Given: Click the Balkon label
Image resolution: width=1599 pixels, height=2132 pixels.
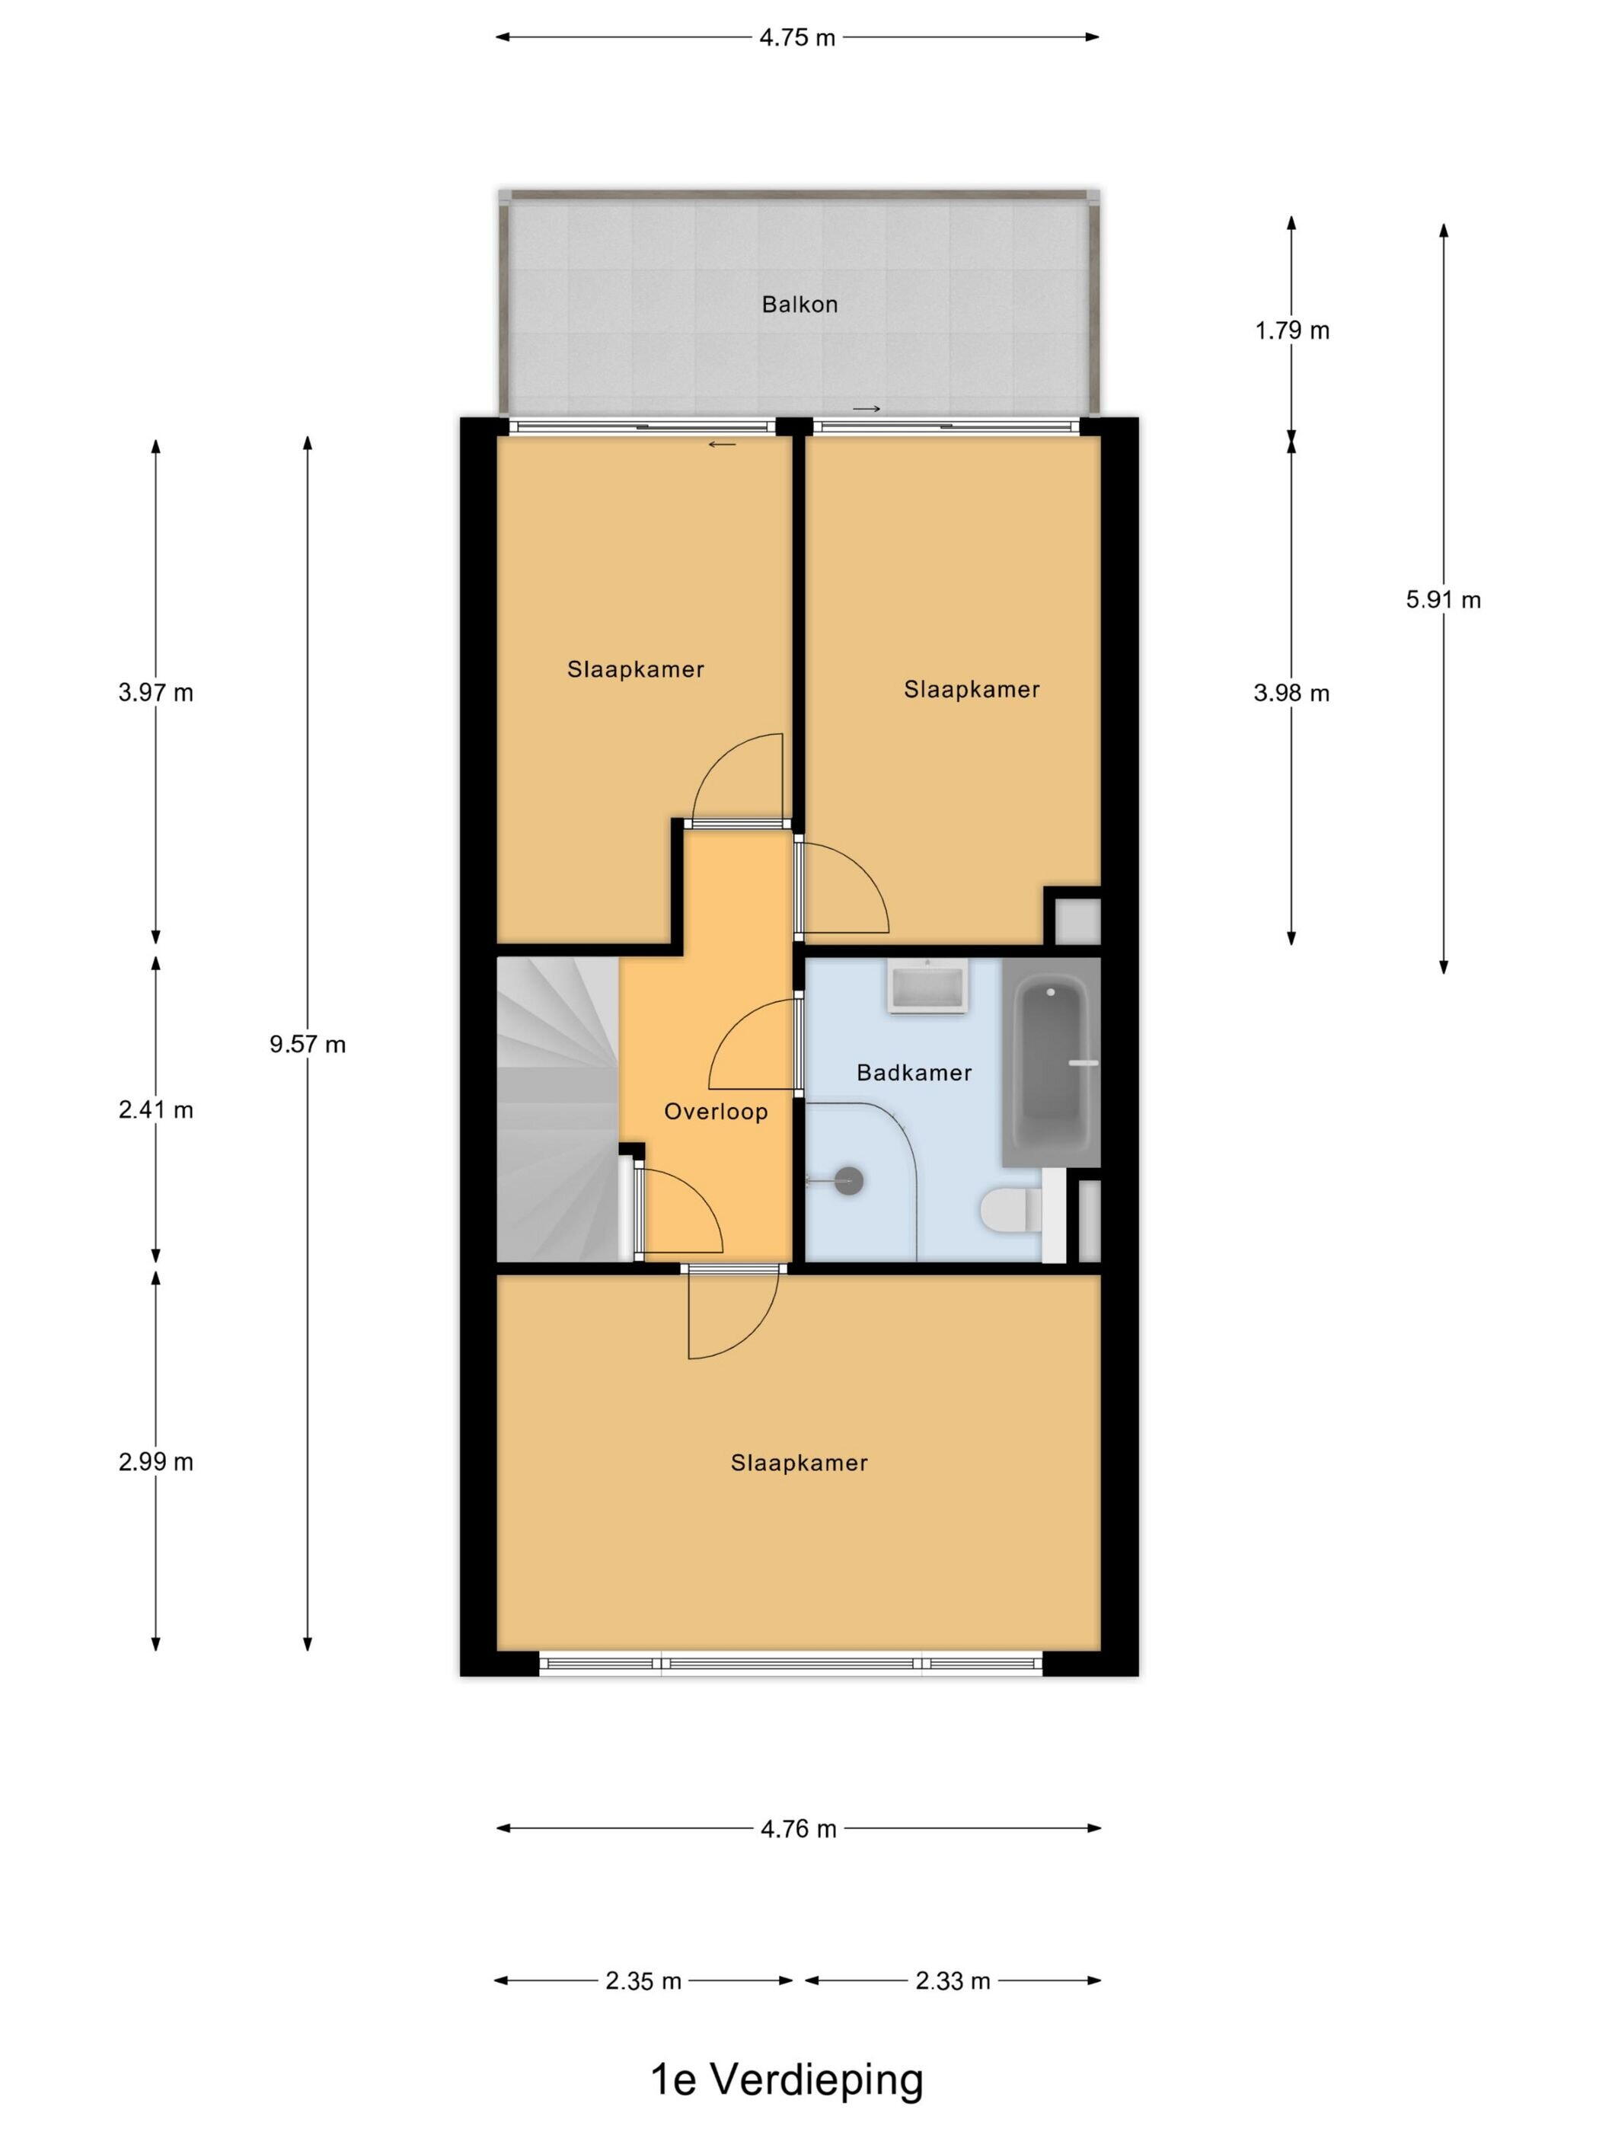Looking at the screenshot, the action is [x=799, y=305].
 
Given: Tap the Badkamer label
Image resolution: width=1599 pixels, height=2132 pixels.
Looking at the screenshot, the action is [x=914, y=1073].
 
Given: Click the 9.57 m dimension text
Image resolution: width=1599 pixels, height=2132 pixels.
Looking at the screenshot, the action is [x=308, y=1045].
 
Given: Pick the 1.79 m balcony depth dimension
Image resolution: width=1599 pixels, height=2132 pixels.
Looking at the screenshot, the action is [x=1291, y=330].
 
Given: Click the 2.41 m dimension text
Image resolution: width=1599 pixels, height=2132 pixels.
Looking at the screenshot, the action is [x=156, y=1110].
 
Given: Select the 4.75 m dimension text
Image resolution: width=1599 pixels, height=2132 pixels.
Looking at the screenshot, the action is [x=797, y=39].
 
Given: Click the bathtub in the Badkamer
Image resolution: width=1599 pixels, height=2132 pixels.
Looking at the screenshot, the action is [x=1052, y=1063].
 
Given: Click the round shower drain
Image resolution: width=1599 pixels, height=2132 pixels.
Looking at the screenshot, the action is [x=848, y=1181].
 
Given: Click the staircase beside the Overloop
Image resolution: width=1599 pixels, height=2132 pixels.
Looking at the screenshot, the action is [x=557, y=1109].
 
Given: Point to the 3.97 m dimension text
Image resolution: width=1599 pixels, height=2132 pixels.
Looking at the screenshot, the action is [x=156, y=693].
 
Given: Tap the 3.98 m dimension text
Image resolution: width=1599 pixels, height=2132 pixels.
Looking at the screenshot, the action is [x=1291, y=693].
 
